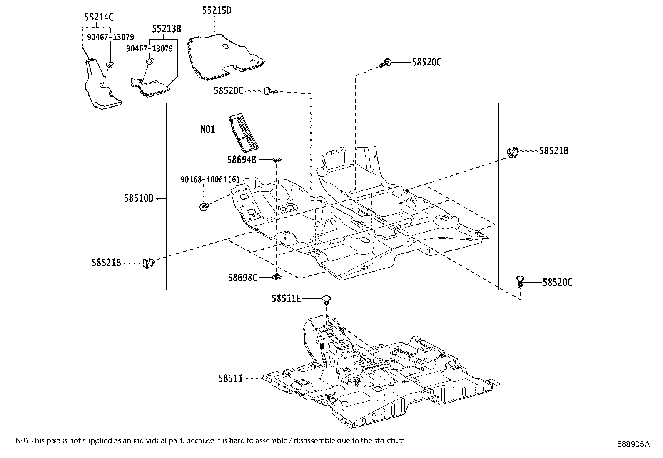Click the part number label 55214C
tap(99, 17)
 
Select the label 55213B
tap(166, 28)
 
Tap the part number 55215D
tap(217, 10)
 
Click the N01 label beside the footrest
tap(208, 130)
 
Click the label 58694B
tap(242, 159)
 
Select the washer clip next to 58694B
tap(277, 159)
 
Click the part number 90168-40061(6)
tap(210, 179)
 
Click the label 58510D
tap(139, 198)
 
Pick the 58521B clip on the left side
tap(148, 263)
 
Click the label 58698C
tap(242, 277)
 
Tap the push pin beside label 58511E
tap(327, 300)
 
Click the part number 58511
tap(230, 378)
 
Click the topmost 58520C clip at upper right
tap(386, 63)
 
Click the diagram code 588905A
tap(633, 444)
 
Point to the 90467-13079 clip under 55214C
tap(110, 64)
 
